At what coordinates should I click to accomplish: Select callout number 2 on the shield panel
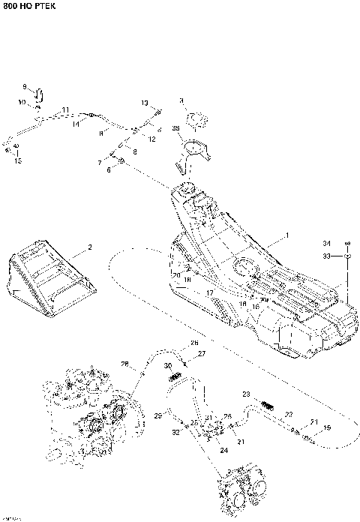[89, 247]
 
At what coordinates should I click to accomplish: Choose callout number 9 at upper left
[25, 87]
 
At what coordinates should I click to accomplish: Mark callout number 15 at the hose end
[19, 160]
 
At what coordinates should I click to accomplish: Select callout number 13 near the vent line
[145, 102]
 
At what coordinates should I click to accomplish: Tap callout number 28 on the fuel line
[125, 365]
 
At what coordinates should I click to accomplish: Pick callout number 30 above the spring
[168, 365]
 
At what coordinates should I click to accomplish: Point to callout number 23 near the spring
[244, 394]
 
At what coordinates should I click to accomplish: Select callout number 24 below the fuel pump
[223, 450]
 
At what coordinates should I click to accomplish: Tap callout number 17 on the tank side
[211, 292]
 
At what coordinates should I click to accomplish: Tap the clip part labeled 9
[40, 94]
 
